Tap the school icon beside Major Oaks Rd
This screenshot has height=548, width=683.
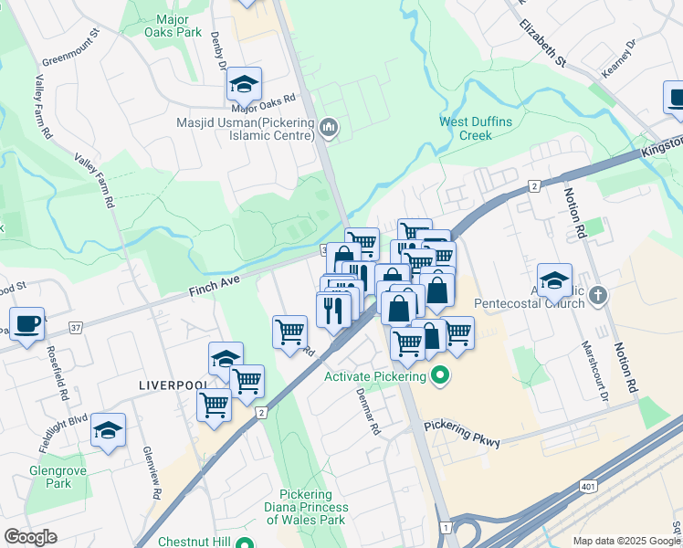[x=244, y=84]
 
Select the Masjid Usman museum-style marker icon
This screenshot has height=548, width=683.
[x=330, y=128]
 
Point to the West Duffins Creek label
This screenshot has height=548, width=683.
[x=466, y=129]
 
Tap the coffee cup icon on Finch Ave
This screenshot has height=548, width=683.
[x=27, y=323]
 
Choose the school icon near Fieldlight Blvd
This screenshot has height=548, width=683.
[x=108, y=430]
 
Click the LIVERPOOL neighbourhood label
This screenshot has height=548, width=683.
[x=173, y=385]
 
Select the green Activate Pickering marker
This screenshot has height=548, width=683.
[x=439, y=376]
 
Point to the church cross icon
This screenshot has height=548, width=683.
[x=597, y=296]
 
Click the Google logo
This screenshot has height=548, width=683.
[x=30, y=537]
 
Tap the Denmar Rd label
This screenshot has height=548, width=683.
[x=368, y=413]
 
